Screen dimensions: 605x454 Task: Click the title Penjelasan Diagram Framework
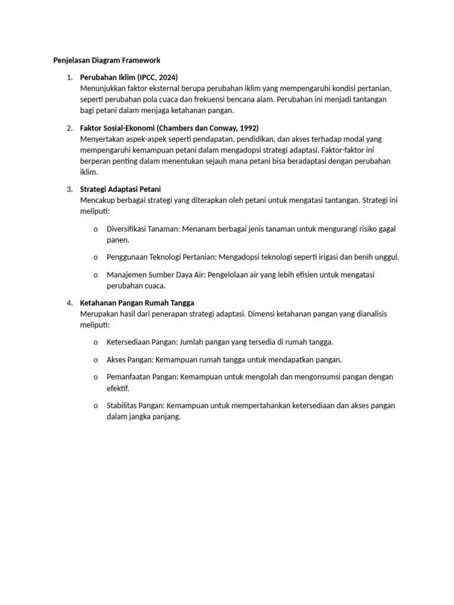(x=103, y=60)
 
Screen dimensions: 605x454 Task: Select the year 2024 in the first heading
(x=166, y=77)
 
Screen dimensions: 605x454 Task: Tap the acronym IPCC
(x=146, y=77)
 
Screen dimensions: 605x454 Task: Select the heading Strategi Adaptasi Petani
(x=121, y=189)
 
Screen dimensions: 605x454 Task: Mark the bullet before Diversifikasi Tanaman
(x=95, y=229)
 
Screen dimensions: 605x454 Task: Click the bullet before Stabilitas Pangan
(x=95, y=406)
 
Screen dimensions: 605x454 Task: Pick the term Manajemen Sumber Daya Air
(x=155, y=275)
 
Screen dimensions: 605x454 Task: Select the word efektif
(x=117, y=388)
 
